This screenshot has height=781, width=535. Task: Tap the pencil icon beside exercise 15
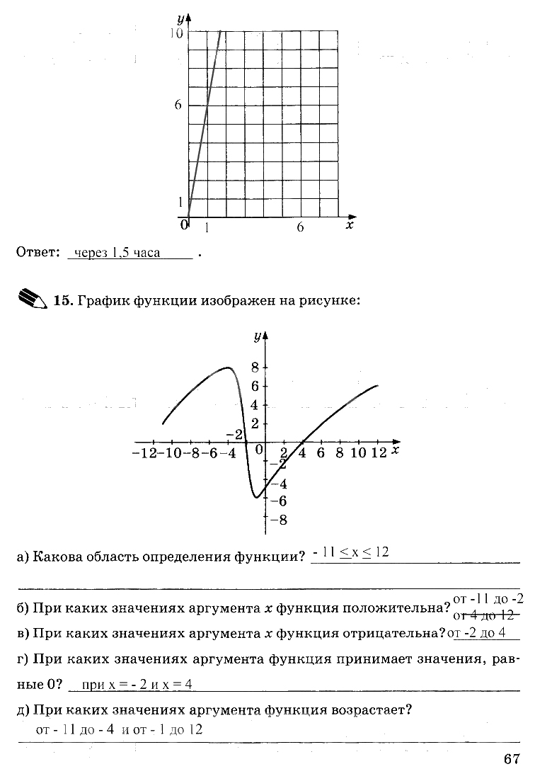pyautogui.click(x=30, y=299)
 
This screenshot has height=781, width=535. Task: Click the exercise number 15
pyautogui.click(x=63, y=301)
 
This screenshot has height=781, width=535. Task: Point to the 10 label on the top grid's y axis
pyautogui.click(x=176, y=33)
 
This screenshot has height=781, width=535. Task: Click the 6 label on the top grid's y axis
pyautogui.click(x=178, y=105)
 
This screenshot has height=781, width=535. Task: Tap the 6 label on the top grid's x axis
pyautogui.click(x=300, y=227)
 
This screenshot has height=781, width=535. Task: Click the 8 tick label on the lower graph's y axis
pyautogui.click(x=256, y=367)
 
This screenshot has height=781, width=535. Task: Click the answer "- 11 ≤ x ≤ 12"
pyautogui.click(x=350, y=553)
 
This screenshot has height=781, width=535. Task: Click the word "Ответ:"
pyautogui.click(x=36, y=253)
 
